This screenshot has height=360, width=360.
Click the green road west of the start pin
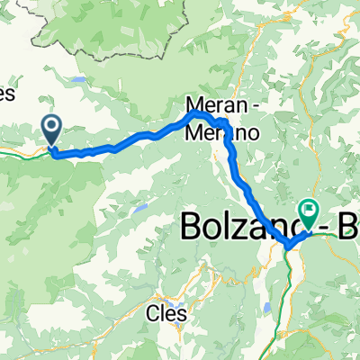pyautogui.click(x=18, y=154)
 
